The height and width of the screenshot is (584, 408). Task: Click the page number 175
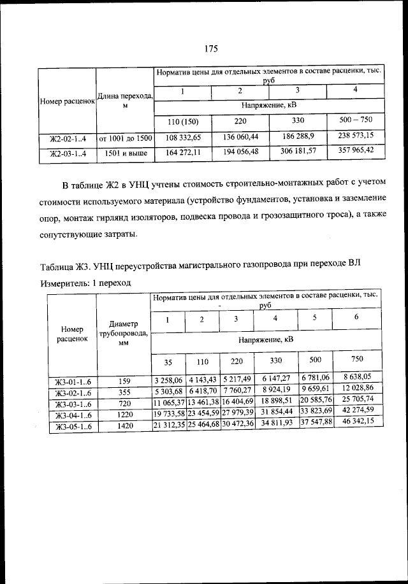(x=212, y=49)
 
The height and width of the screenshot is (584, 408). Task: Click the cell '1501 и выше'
(x=125, y=153)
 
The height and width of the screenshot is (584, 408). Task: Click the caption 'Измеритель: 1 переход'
(x=86, y=282)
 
